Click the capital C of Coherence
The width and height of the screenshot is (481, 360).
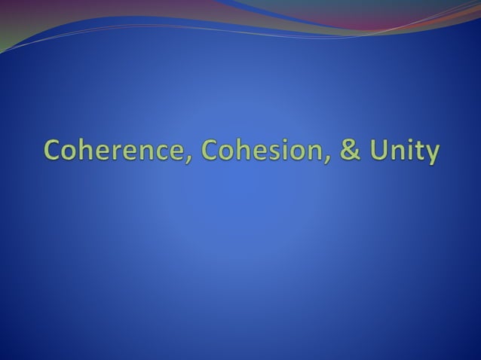point(53,151)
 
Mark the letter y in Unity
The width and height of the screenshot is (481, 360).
point(430,155)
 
